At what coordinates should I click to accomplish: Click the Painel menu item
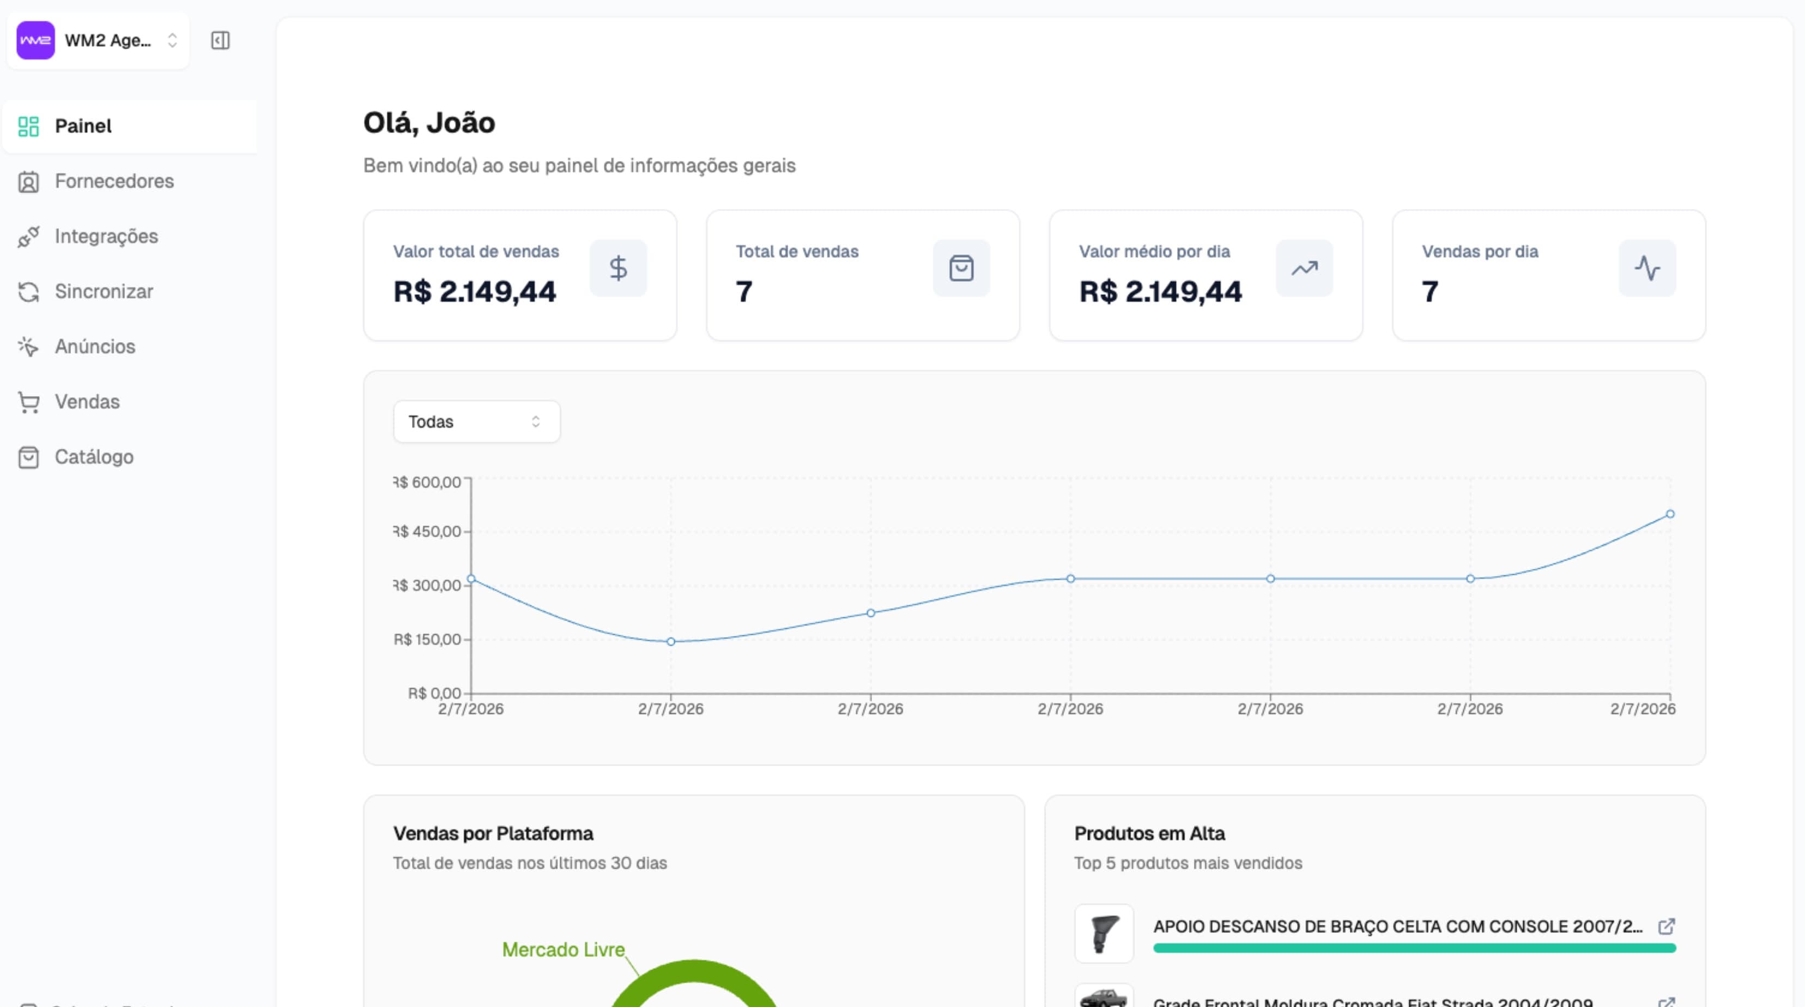[x=83, y=126]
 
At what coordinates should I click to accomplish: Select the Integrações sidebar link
[x=106, y=236]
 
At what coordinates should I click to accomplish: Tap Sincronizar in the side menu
[x=103, y=292]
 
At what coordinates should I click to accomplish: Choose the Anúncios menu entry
[x=95, y=347]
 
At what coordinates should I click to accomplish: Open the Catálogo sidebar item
[x=93, y=457]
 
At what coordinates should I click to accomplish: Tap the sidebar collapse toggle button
[x=220, y=41]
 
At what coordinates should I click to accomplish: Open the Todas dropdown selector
[x=476, y=422]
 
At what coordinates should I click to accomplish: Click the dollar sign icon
[x=618, y=269]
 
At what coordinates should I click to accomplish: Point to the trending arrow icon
[x=1304, y=269]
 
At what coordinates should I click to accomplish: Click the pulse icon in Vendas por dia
[x=1646, y=269]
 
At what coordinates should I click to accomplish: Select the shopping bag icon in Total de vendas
[x=961, y=269]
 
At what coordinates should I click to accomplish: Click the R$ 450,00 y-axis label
[x=427, y=532]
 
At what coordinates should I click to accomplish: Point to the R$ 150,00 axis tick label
[x=427, y=640]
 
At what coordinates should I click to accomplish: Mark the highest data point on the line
[x=1670, y=514]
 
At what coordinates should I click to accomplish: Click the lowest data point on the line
[x=670, y=642]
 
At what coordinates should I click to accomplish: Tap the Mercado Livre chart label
[x=564, y=950]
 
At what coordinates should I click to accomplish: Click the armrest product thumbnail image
[x=1104, y=933]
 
